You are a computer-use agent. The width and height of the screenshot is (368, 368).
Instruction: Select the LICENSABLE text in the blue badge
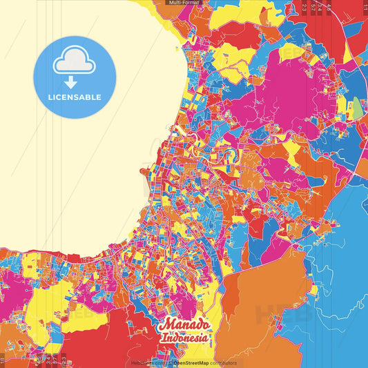pyautogui.click(x=75, y=97)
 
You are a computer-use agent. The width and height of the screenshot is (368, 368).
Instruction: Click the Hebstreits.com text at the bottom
pyautogui.click(x=146, y=362)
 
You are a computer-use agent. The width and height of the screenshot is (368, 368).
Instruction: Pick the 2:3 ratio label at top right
pyautogui.click(x=304, y=7)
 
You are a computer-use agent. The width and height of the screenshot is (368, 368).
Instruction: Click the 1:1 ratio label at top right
pyautogui.click(x=365, y=7)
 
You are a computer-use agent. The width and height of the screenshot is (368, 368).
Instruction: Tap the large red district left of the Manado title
pyautogui.click(x=124, y=338)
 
